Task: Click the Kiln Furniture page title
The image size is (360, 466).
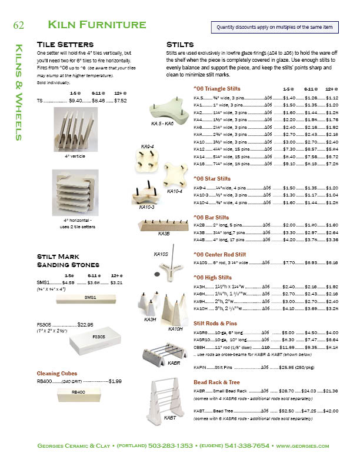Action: click(x=97, y=25)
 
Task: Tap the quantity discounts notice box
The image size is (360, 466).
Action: click(x=274, y=27)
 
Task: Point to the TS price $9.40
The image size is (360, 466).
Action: click(x=75, y=101)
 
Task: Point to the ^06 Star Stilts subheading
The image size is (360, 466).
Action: click(x=212, y=178)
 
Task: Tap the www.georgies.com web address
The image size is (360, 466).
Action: click(x=302, y=447)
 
